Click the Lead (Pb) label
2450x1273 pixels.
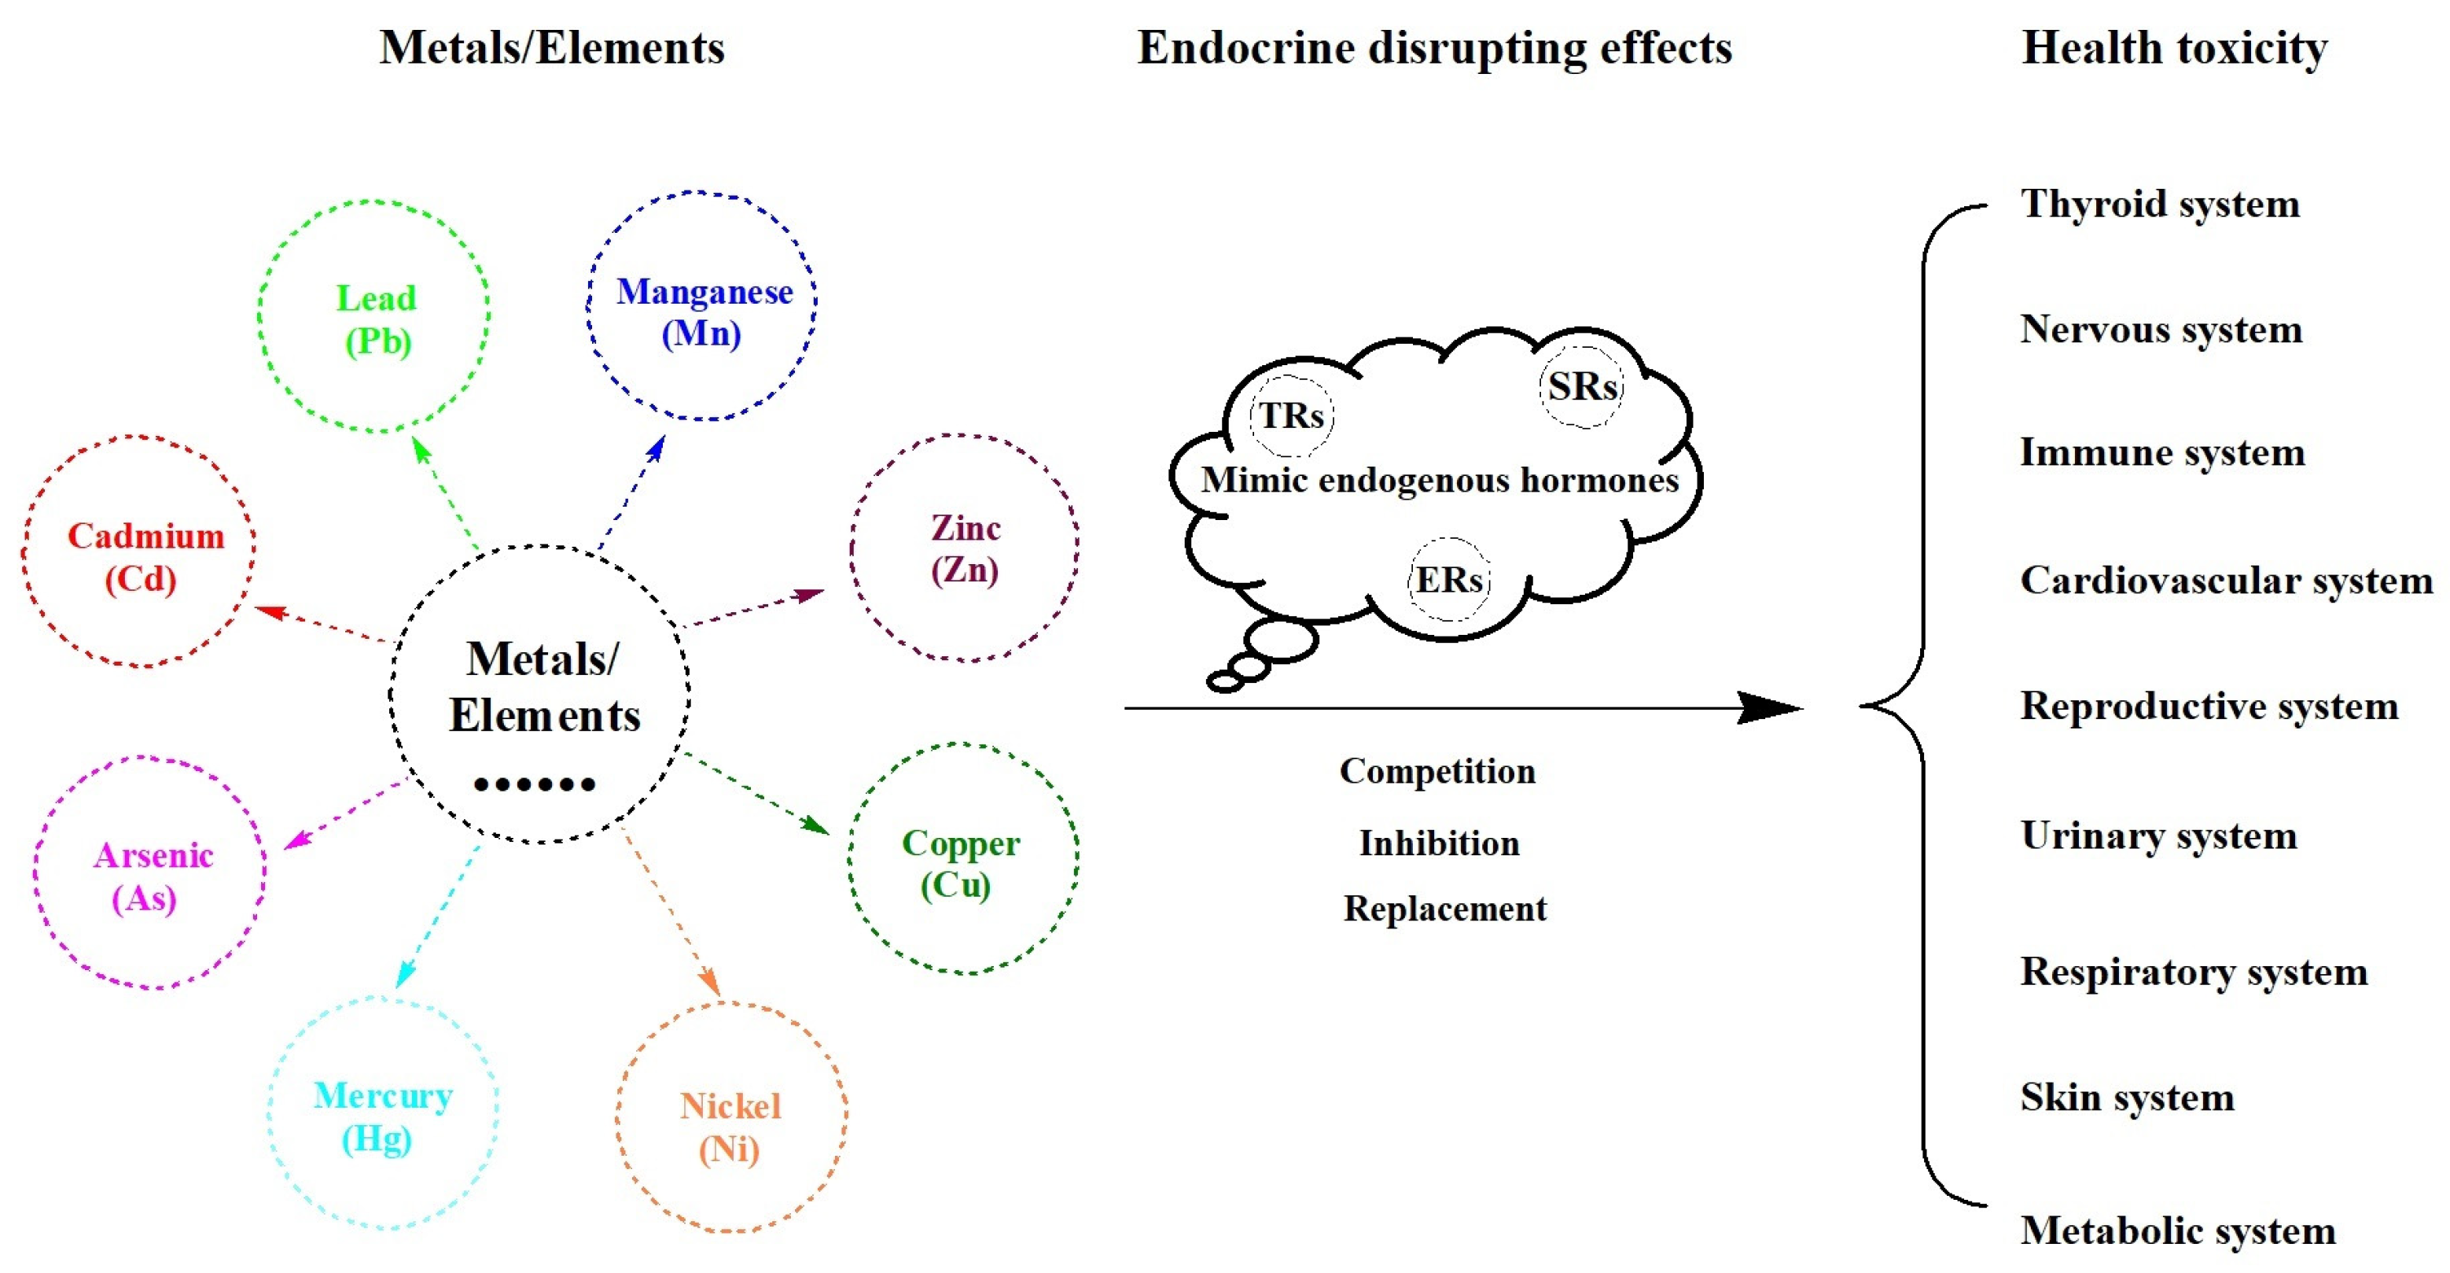point(377,319)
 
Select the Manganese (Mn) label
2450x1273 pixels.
point(703,312)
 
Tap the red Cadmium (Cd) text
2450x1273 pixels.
point(145,556)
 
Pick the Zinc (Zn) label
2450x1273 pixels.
point(965,549)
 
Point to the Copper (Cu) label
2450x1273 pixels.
point(960,864)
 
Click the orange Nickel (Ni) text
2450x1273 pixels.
point(730,1127)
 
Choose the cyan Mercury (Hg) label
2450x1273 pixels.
point(381,1117)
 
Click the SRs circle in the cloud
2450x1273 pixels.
point(1582,386)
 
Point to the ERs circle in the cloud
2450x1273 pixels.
point(1448,579)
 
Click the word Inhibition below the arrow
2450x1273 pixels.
point(1439,843)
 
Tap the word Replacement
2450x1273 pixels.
point(1444,909)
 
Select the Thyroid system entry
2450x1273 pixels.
point(2159,204)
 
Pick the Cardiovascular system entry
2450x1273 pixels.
point(2226,581)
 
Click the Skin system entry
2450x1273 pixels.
point(2127,1097)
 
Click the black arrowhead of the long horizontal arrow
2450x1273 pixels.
point(1771,708)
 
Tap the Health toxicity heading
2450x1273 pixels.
point(2174,47)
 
